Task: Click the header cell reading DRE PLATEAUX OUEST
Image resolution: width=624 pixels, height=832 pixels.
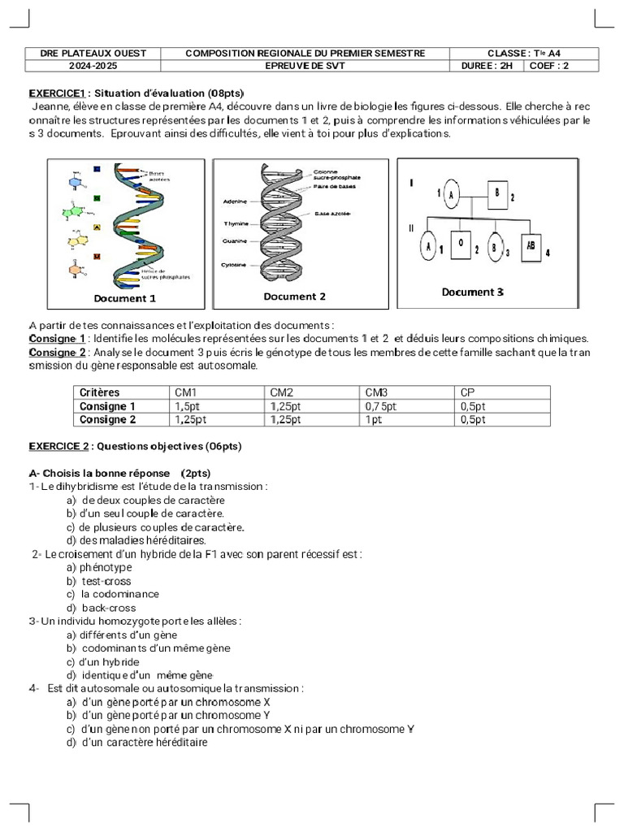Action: coord(93,54)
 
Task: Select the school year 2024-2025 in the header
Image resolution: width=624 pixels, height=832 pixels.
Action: coord(93,66)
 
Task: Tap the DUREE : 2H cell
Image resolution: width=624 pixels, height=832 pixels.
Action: coord(487,66)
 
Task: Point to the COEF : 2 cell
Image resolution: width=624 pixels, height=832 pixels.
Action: coord(549,66)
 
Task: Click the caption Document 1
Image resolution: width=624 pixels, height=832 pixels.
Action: coord(124,298)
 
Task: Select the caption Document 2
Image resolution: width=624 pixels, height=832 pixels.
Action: coord(294,297)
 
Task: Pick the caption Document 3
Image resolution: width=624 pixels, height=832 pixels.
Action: coord(472,292)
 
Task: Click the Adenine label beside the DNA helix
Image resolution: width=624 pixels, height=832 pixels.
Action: coord(235,201)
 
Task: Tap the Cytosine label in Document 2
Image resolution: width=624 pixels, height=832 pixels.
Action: coord(235,265)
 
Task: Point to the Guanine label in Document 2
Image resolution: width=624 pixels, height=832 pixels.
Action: coord(236,241)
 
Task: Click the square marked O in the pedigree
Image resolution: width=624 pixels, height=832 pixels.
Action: coord(461,245)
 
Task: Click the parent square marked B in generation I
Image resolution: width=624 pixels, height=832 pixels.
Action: coord(496,192)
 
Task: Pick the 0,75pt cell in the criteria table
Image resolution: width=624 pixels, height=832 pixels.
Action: coord(381,406)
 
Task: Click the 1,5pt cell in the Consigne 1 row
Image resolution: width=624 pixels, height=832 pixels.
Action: coord(188,406)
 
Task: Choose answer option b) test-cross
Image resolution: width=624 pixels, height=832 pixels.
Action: coord(99,581)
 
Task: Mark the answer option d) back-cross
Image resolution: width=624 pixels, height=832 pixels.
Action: coord(102,608)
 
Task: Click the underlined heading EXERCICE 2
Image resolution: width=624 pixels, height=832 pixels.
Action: coord(58,446)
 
